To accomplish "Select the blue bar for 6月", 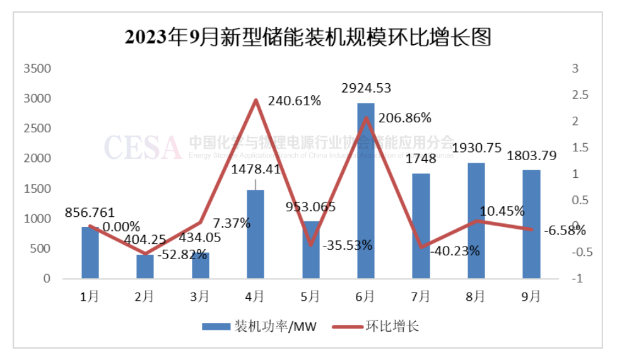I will pyautogui.click(x=366, y=189).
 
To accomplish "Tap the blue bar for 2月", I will pyautogui.click(x=145, y=266).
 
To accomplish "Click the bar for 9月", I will pyautogui.click(x=531, y=224).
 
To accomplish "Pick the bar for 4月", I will pyautogui.click(x=256, y=233).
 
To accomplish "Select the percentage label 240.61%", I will pyautogui.click(x=294, y=101).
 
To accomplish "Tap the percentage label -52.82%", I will pyautogui.click(x=182, y=255).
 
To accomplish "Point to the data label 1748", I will pyautogui.click(x=421, y=161).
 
